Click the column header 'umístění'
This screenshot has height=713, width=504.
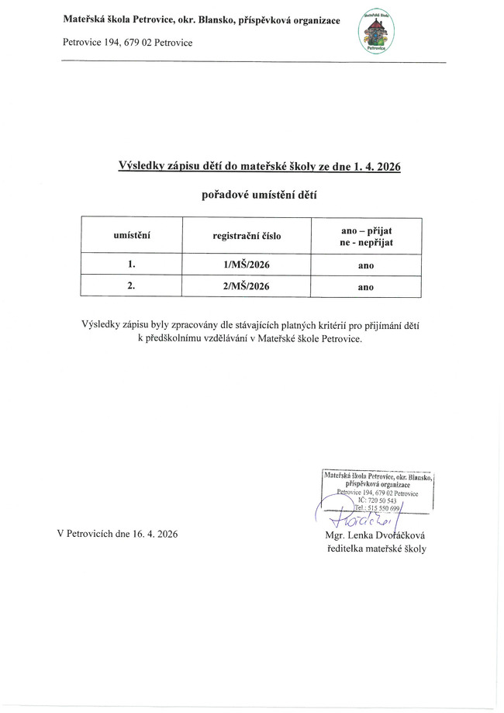[x=132, y=235]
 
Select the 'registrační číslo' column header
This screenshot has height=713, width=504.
[x=247, y=235]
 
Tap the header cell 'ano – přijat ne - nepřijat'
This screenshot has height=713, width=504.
[x=366, y=235]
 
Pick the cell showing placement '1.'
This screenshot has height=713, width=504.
[x=132, y=265]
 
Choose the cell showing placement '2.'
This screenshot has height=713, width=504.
[x=132, y=286]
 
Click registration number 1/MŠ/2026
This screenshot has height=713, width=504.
[x=247, y=265]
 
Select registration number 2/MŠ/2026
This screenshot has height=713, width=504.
[x=247, y=286]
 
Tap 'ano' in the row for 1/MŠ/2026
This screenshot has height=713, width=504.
[x=366, y=266]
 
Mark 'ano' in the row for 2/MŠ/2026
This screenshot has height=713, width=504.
[x=366, y=286]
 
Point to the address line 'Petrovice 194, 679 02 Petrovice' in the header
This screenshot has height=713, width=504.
[x=127, y=42]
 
